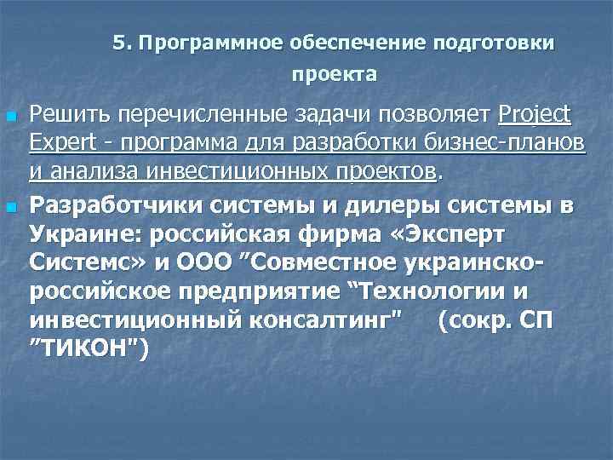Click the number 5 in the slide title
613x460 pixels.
click(118, 43)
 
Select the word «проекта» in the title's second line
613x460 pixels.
click(335, 75)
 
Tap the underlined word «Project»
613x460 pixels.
click(536, 115)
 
